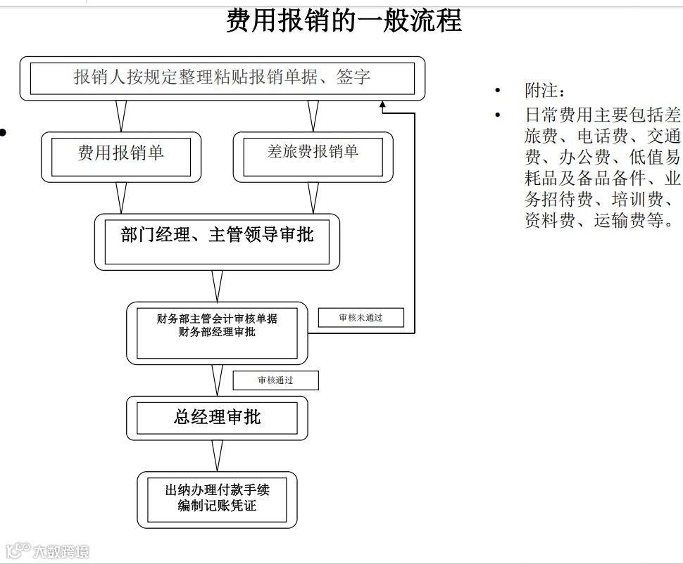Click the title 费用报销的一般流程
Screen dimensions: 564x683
pyautogui.click(x=344, y=21)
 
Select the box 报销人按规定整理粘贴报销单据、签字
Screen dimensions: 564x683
pyautogui.click(x=222, y=78)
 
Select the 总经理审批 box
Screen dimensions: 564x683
pyautogui.click(x=217, y=418)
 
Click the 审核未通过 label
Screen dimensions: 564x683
pyautogui.click(x=361, y=318)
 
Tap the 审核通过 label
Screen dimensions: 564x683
pyautogui.click(x=275, y=380)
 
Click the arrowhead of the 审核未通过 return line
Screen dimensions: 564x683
pyautogui.click(x=384, y=107)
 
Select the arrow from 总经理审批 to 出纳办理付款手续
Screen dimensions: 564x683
pyautogui.click(x=217, y=456)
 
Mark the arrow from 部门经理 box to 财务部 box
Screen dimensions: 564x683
pyautogui.click(x=217, y=286)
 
